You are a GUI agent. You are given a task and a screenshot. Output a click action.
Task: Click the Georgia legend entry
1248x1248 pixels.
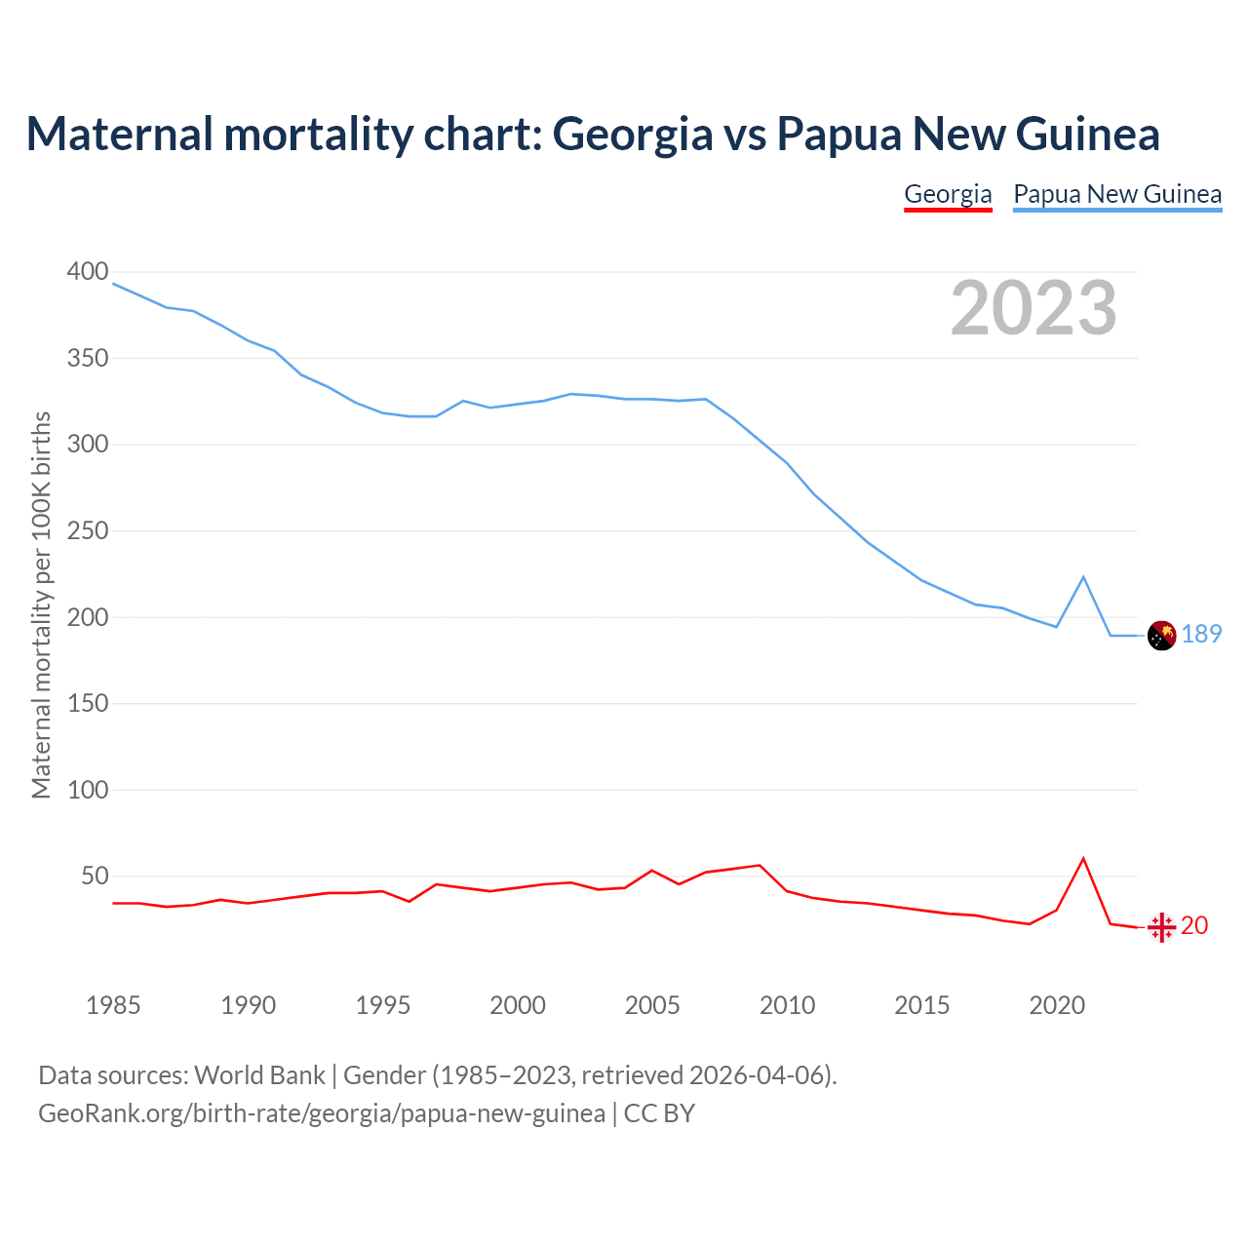948,194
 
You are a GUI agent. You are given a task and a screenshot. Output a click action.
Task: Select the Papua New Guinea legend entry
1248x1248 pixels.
1117,194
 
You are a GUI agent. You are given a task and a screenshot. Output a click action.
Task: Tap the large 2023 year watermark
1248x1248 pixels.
1033,308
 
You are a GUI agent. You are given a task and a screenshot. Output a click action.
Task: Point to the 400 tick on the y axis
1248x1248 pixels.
87,272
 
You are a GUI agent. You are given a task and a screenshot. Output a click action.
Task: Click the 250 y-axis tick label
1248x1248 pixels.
87,531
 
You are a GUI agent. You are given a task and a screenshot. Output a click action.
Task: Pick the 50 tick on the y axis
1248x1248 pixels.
94,877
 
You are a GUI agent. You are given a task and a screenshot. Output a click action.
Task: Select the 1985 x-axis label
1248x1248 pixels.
113,1005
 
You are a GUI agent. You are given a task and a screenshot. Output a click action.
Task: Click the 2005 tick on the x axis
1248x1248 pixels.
652,1005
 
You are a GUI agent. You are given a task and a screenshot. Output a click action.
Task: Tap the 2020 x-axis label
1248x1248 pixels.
1057,1005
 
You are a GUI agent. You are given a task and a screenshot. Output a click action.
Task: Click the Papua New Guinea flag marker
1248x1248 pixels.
1161,635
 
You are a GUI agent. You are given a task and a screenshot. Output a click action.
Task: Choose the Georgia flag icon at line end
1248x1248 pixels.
1161,927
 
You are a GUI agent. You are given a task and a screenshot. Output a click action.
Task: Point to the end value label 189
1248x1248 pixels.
1201,635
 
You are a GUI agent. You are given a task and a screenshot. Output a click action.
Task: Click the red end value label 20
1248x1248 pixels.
1194,925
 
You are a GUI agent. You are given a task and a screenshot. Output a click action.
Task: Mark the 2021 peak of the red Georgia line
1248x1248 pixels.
1083,859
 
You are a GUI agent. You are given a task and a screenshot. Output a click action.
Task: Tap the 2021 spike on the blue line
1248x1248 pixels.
1083,577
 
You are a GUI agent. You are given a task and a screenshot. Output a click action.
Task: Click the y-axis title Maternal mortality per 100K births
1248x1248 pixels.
41,604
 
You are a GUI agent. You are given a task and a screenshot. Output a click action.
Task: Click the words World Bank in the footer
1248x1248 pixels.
259,1075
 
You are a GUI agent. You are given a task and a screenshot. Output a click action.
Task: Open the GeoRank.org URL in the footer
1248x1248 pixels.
322,1113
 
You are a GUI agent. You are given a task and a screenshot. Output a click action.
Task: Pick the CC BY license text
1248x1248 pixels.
659,1113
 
